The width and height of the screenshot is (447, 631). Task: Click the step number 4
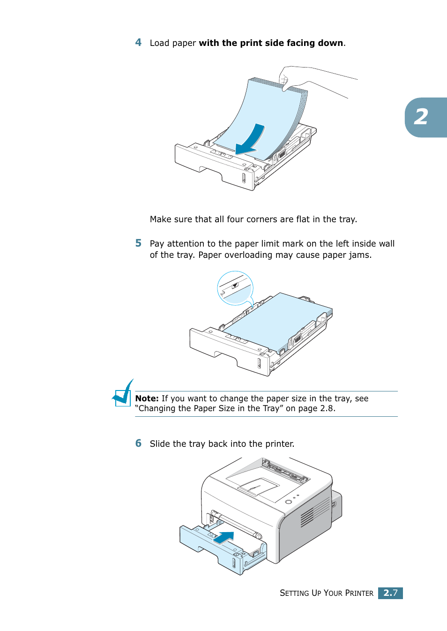pos(138,43)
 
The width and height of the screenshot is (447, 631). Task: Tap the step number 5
pos(138,243)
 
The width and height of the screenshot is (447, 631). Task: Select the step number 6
pos(138,443)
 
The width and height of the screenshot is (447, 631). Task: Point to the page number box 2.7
pos(390,593)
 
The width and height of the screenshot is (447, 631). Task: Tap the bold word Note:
pos(147,398)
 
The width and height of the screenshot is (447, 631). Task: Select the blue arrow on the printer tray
pos(224,537)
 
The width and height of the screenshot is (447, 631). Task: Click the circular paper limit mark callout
pos(235,288)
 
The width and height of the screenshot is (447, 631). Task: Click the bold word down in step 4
pos(330,43)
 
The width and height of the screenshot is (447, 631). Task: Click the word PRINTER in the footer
pos(359,593)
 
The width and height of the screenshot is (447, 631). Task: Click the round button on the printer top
pos(289,502)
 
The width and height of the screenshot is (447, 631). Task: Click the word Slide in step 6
pos(160,444)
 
